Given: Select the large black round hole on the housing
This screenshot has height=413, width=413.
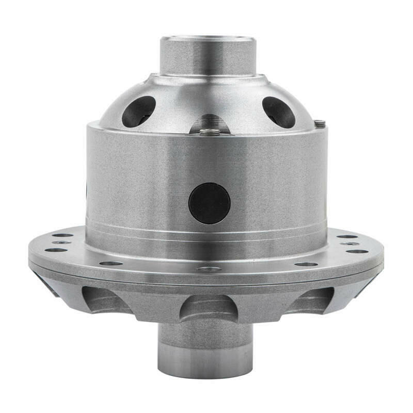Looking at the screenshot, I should point(209,203).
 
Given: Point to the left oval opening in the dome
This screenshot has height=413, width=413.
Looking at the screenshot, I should point(138,110).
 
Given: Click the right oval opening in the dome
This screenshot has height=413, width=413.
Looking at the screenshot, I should point(279,111).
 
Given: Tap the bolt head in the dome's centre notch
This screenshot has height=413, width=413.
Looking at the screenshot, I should point(210,131).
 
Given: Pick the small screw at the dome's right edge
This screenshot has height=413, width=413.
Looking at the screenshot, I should point(320,123).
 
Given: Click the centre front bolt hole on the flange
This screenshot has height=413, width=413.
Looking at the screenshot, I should point(209,269).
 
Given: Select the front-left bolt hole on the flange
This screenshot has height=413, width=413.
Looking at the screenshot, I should point(111,263).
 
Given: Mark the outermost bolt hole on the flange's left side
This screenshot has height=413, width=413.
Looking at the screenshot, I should point(56,250).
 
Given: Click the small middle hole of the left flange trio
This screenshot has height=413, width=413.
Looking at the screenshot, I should point(62,242).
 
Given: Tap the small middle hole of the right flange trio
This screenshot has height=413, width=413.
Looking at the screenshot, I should point(350,243).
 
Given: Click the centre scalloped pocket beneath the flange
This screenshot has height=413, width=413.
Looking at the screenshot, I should point(209,308).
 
